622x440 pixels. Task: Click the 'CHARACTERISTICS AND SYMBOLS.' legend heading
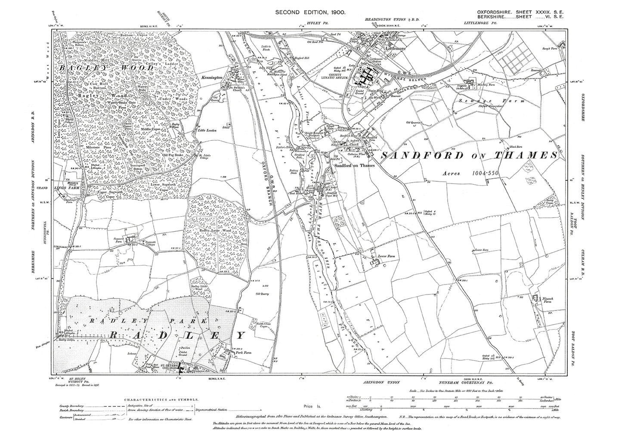tap(161, 400)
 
